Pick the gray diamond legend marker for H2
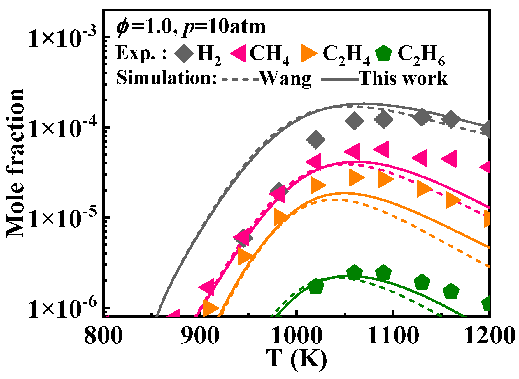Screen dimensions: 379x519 pyautogui.click(x=184, y=53)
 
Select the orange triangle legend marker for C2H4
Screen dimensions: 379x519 pyautogui.click(x=308, y=54)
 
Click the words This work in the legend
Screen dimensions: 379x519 pyautogui.click(x=404, y=79)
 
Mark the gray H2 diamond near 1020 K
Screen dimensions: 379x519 pyautogui.click(x=316, y=140)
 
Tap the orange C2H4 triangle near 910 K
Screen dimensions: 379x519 pyautogui.click(x=210, y=308)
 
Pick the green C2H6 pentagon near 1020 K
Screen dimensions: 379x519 pyautogui.click(x=316, y=286)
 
